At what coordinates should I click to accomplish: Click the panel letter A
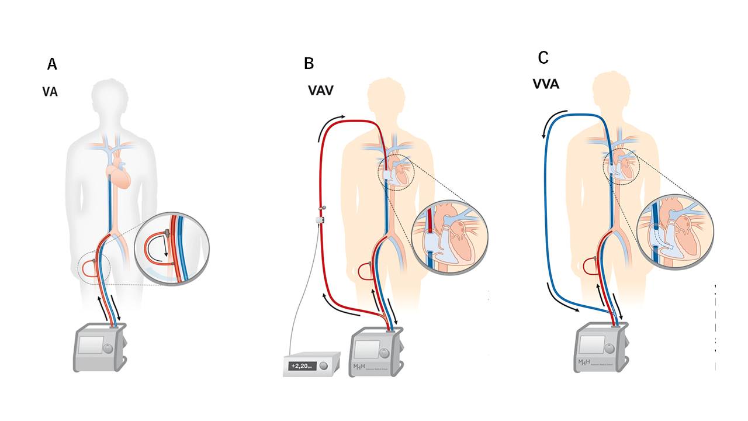(x=52, y=64)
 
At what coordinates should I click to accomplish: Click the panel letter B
(x=309, y=63)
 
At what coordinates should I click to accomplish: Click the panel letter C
(x=543, y=58)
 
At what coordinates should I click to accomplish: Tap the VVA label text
(x=546, y=84)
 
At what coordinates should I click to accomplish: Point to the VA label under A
(x=50, y=92)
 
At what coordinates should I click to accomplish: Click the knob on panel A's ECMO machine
(x=109, y=349)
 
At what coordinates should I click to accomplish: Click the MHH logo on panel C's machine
(x=583, y=363)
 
